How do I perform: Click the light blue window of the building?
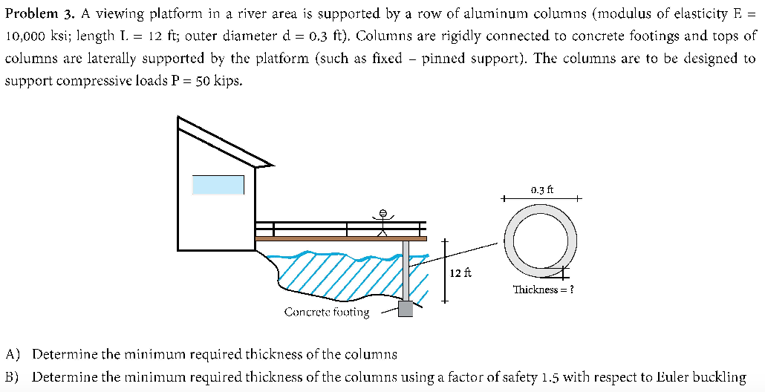[218, 184]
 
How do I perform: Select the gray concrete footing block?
[405, 308]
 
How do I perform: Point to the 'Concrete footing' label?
[326, 313]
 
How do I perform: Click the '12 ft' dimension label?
[460, 273]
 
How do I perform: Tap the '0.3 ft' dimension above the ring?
[542, 190]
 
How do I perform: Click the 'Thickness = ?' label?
[543, 290]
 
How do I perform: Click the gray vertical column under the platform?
[406, 270]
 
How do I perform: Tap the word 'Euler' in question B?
[647, 376]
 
